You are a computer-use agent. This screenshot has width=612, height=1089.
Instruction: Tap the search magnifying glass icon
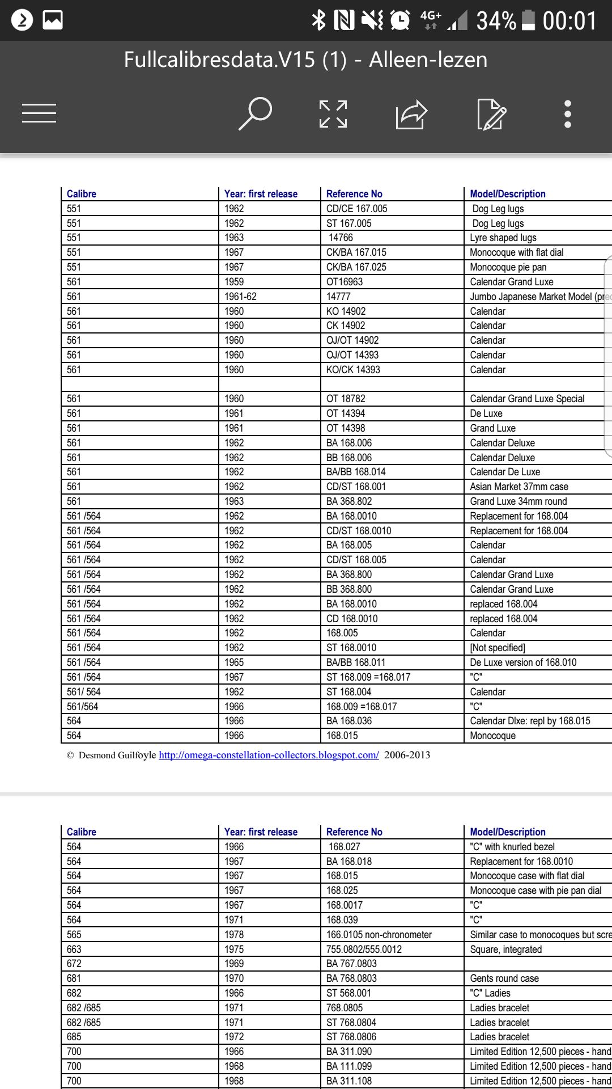tap(256, 113)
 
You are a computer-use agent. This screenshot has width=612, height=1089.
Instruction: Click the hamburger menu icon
tap(39, 113)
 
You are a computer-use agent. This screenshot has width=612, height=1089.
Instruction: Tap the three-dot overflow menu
tap(567, 114)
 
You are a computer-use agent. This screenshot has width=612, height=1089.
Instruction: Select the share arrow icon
tap(411, 114)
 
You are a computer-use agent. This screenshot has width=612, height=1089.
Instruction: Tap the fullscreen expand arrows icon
tap(333, 114)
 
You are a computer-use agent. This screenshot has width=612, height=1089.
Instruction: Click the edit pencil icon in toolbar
tap(491, 114)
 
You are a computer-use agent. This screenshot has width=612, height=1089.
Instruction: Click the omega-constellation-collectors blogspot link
tap(269, 755)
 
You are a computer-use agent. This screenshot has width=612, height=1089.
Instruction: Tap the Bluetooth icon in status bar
tap(319, 20)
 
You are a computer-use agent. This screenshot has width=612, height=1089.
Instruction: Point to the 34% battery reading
tap(496, 21)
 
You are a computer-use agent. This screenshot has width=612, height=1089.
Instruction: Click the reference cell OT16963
tap(345, 282)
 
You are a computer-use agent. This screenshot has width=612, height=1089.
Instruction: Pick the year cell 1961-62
tap(240, 297)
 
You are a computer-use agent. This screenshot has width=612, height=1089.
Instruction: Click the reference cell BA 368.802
tap(349, 501)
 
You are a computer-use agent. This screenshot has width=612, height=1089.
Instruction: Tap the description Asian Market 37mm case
tap(519, 487)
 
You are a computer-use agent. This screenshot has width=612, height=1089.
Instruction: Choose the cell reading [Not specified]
tap(498, 648)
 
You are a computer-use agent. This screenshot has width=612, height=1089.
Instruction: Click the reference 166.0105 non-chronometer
tap(379, 935)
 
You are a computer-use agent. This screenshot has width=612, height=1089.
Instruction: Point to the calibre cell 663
tap(74, 949)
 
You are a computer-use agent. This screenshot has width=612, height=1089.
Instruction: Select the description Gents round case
tap(504, 978)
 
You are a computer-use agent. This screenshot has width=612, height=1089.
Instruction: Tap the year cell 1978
tap(234, 935)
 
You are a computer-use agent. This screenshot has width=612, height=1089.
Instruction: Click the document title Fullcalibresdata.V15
tap(305, 60)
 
